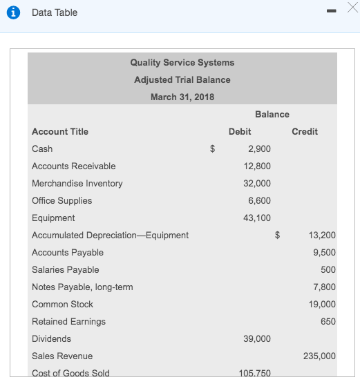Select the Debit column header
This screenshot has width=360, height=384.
(x=240, y=131)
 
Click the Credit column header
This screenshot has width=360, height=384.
(x=305, y=131)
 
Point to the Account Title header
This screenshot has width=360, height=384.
(x=60, y=131)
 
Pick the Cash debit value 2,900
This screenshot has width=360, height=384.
(x=259, y=148)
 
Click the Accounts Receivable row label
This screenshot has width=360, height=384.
(x=74, y=166)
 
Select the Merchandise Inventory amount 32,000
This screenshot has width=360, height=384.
(x=257, y=183)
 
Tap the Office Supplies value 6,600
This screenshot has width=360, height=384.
(x=259, y=200)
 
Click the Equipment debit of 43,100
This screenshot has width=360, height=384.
(x=257, y=218)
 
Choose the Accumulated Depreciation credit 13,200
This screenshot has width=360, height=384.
(x=322, y=235)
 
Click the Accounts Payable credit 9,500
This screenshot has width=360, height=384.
(x=324, y=252)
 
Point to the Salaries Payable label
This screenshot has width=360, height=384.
(x=66, y=269)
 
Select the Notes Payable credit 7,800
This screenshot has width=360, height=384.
(x=324, y=287)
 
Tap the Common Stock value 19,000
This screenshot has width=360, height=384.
(x=322, y=304)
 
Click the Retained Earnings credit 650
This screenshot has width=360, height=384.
(x=328, y=321)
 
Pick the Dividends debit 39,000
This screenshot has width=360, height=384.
(x=257, y=338)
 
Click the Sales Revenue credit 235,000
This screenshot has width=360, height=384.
(x=319, y=356)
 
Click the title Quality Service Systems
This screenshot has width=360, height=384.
(x=182, y=62)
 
